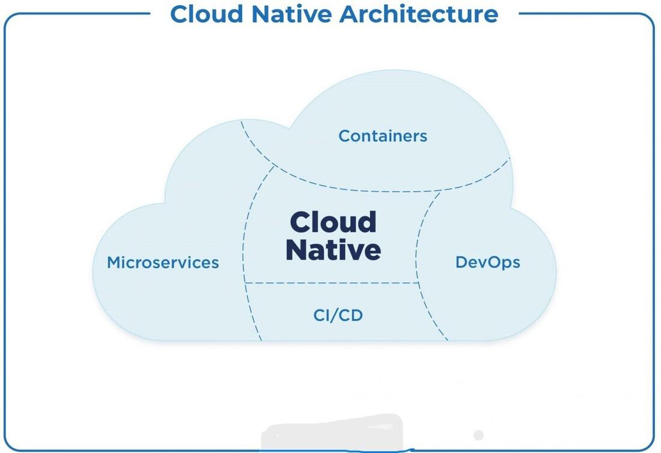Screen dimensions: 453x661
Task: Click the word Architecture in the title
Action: click(418, 13)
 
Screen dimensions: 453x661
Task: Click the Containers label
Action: click(383, 136)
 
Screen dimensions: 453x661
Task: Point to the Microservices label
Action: click(163, 263)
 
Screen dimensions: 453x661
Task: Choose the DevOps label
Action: click(487, 262)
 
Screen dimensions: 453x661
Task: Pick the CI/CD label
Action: click(338, 315)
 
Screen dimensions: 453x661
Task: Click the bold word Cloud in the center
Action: click(333, 222)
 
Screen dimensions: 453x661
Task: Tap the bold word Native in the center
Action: click(333, 250)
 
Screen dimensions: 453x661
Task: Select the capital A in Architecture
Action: click(348, 13)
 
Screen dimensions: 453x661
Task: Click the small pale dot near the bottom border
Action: click(478, 434)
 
